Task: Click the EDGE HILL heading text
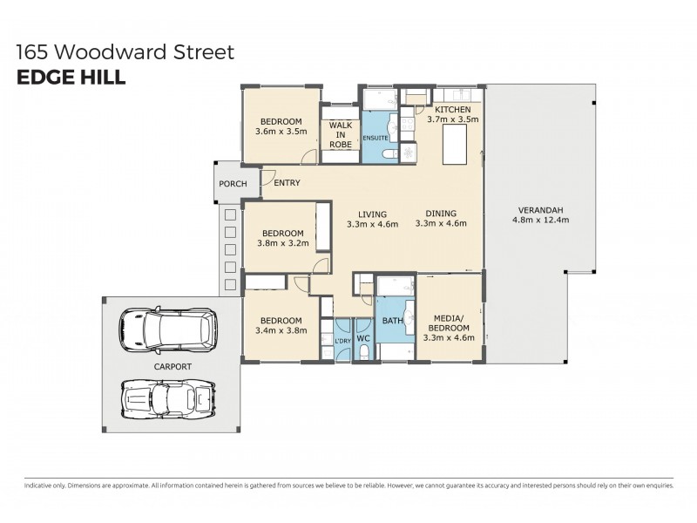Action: click(71, 77)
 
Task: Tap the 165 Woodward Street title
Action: click(125, 52)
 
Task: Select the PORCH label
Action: click(233, 183)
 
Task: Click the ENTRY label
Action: click(287, 183)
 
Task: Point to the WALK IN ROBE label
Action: click(340, 135)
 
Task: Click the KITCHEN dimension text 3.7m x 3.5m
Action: click(452, 120)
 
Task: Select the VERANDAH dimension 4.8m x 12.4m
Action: click(540, 221)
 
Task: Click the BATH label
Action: click(392, 320)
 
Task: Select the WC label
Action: click(363, 337)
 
